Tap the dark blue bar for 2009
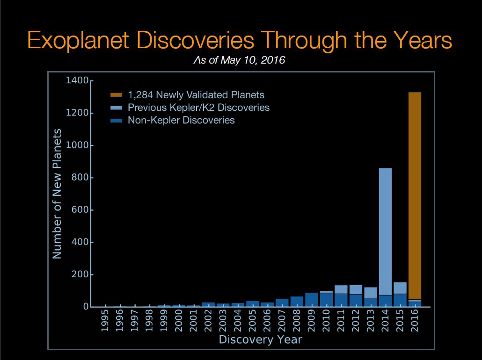(x=312, y=300)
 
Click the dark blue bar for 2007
(x=282, y=302)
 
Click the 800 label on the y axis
(x=80, y=178)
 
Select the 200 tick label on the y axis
(x=80, y=274)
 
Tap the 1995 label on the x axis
(x=105, y=321)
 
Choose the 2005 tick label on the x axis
(x=253, y=321)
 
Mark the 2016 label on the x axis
(x=415, y=321)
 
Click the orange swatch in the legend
(x=117, y=95)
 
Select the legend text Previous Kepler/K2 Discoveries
(x=198, y=108)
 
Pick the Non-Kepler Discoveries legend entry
(x=181, y=120)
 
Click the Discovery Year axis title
(x=260, y=340)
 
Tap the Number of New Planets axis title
(x=57, y=193)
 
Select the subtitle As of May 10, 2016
(x=240, y=60)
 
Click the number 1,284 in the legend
(x=140, y=95)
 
